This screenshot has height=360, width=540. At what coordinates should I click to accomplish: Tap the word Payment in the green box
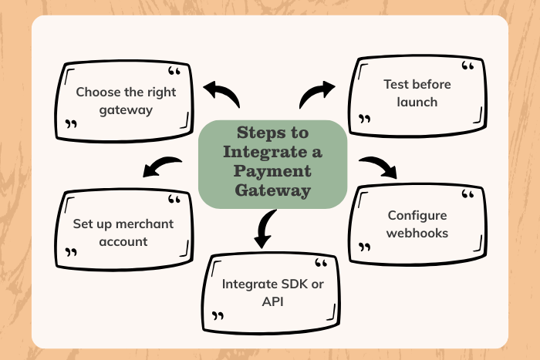click(x=273, y=170)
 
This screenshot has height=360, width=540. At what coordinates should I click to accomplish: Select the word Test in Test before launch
click(x=396, y=84)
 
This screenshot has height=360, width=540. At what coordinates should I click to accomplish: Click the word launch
click(x=418, y=102)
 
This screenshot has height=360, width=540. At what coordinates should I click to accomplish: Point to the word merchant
click(x=144, y=224)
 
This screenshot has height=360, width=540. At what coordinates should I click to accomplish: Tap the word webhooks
click(x=417, y=233)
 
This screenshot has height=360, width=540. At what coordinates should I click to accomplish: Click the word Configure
click(x=417, y=215)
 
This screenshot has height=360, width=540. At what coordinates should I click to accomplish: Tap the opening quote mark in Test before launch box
click(x=467, y=68)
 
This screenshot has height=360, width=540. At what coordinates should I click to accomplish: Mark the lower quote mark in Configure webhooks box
click(x=364, y=249)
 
